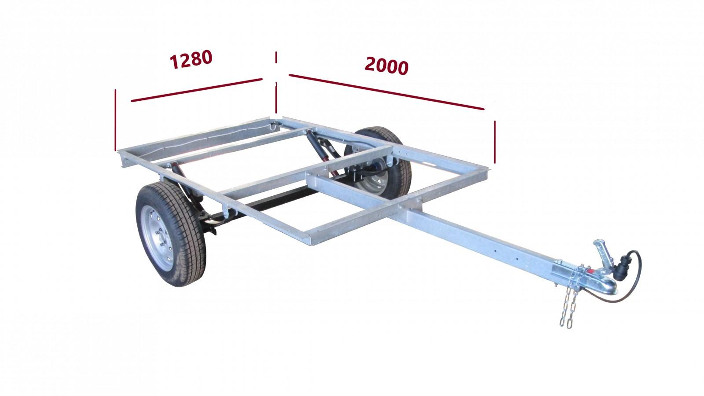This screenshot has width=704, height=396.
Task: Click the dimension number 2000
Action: [x=387, y=66]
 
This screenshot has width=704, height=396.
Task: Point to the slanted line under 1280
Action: [x=196, y=90]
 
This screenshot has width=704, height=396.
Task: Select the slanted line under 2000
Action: [x=387, y=92]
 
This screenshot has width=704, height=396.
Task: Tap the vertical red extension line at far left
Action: [x=115, y=120]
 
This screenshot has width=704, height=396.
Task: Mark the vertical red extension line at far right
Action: [x=495, y=142]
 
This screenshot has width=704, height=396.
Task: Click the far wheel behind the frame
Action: [x=382, y=163]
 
